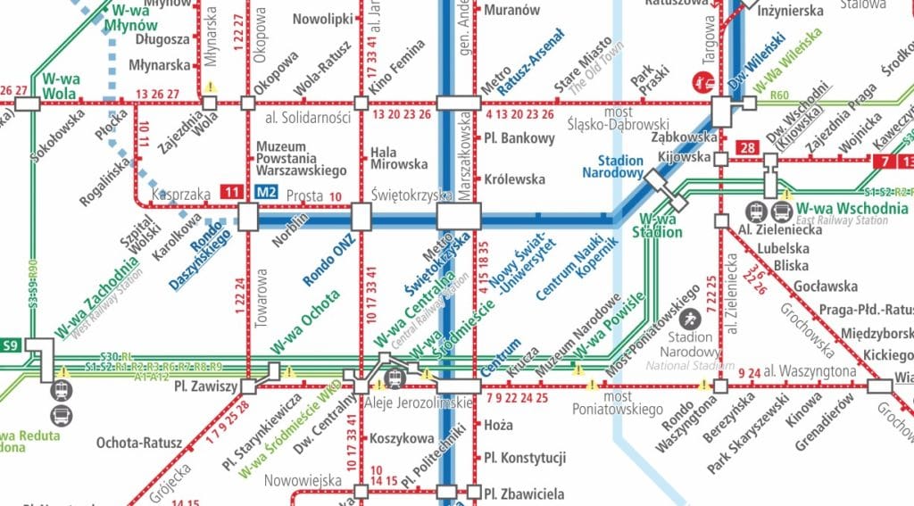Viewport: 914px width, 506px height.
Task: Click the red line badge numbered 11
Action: [232, 191]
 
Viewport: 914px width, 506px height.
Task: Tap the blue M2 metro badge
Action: [264, 191]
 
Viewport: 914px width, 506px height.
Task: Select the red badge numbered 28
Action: [747, 147]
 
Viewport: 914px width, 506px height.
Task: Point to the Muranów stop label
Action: [511, 11]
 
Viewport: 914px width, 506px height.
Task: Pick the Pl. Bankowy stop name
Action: [519, 138]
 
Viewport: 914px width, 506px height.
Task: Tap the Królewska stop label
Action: [514, 179]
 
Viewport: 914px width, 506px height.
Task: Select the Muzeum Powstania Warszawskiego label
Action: [301, 158]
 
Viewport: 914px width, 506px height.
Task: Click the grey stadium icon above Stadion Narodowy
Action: [690, 318]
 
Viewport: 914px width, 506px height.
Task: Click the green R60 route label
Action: [781, 95]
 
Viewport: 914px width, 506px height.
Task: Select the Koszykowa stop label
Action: [401, 438]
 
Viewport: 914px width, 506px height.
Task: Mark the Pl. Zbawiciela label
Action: [525, 493]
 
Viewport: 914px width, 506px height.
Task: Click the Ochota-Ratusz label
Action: [139, 443]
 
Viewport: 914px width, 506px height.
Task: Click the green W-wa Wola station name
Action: [61, 86]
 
